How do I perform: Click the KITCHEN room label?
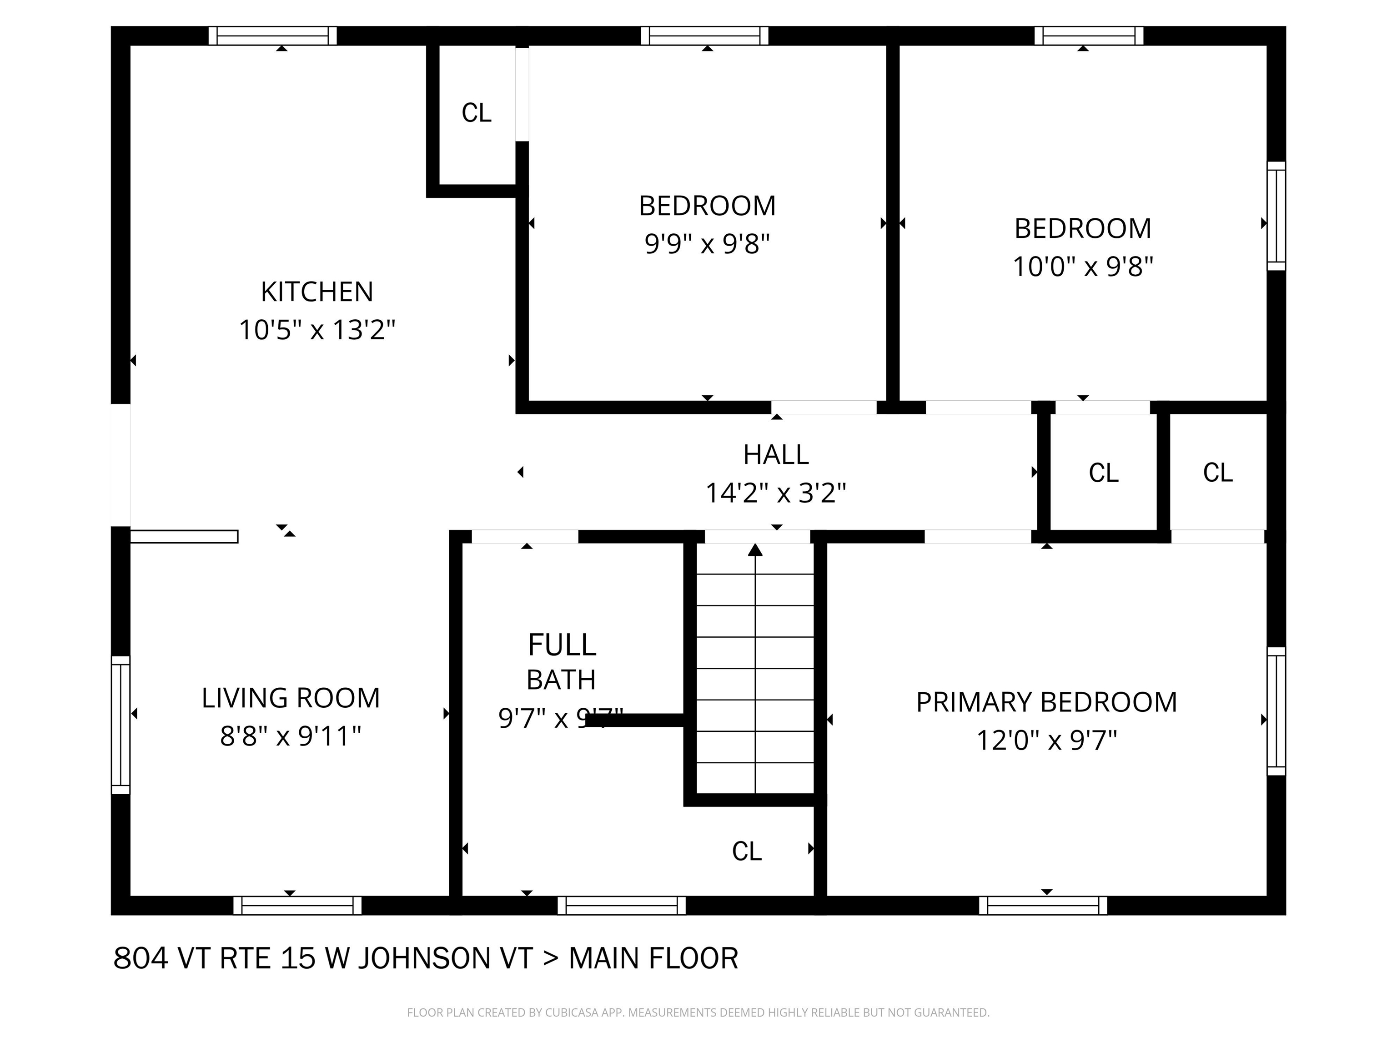pos(317,292)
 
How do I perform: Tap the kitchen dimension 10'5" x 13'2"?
pos(317,330)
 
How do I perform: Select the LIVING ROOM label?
pos(291,698)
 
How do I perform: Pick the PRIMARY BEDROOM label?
pos(1046,702)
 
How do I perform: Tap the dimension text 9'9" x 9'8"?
pos(707,244)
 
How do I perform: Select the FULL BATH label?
pos(562,662)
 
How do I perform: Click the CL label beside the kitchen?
pos(476,113)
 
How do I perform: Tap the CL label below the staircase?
pos(747,851)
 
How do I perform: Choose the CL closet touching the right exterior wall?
pos(1218,473)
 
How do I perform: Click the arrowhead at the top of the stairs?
pos(755,550)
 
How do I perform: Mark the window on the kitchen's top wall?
pos(273,36)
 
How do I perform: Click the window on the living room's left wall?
pos(121,725)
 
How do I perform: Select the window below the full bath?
pos(622,905)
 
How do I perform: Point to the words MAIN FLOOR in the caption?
pos(653,958)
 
